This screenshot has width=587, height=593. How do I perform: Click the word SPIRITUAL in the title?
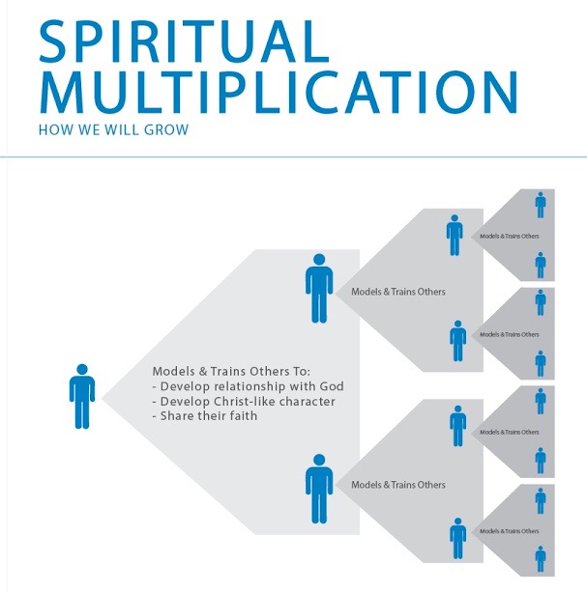pyautogui.click(x=184, y=42)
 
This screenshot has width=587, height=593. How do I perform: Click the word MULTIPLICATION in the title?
pyautogui.click(x=279, y=92)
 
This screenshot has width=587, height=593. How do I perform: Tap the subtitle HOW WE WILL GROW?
pyautogui.click(x=113, y=129)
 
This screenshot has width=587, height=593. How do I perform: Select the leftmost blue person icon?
pyautogui.click(x=82, y=396)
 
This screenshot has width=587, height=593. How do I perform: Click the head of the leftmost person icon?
pyautogui.click(x=82, y=369)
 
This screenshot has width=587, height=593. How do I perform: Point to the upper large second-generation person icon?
pyautogui.click(x=319, y=288)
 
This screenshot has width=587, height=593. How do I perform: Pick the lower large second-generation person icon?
pyautogui.click(x=319, y=489)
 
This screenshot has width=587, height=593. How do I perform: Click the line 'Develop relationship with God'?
pyautogui.click(x=249, y=386)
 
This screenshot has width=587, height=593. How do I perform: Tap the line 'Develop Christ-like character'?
pyautogui.click(x=244, y=401)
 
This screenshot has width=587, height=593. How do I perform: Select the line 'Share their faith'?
pyautogui.click(x=205, y=416)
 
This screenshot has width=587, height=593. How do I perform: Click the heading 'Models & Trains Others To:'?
pyautogui.click(x=231, y=372)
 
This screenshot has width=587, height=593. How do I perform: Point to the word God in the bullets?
pyautogui.click(x=332, y=386)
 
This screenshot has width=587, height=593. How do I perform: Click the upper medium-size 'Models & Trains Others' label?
pyautogui.click(x=398, y=292)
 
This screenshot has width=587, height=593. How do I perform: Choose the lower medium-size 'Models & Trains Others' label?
pyautogui.click(x=398, y=485)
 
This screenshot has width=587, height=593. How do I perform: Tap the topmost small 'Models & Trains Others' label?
pyautogui.click(x=510, y=236)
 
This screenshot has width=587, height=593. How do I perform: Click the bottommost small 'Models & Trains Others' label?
pyautogui.click(x=510, y=531)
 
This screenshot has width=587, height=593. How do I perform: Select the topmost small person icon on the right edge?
pyautogui.click(x=541, y=205)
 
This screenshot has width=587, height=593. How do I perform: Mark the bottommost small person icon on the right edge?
pyautogui.click(x=541, y=559)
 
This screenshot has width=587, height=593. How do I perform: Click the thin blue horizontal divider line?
pyautogui.click(x=294, y=156)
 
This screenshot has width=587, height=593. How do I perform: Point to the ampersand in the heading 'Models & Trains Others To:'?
pyautogui.click(x=203, y=372)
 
